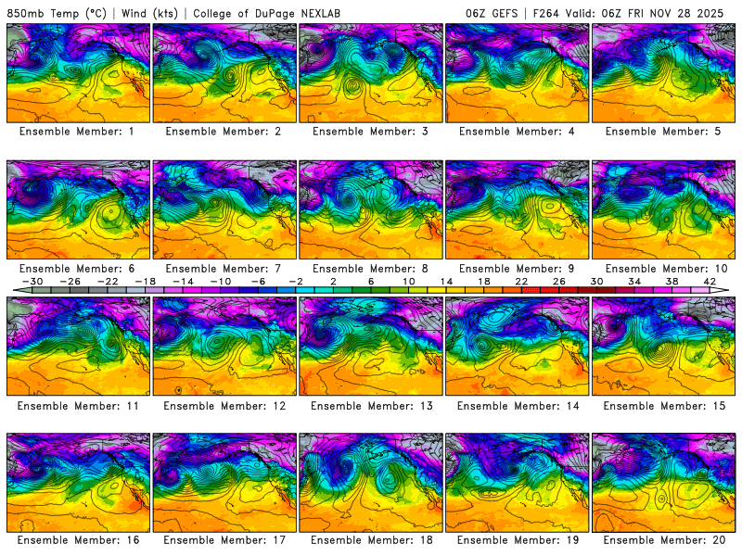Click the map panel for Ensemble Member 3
(371, 72)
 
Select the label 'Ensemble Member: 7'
(224, 268)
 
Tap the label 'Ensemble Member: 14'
(518, 405)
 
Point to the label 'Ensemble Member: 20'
(664, 539)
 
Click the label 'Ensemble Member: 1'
(78, 132)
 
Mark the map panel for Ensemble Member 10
(664, 209)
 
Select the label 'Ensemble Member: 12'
(224, 405)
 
